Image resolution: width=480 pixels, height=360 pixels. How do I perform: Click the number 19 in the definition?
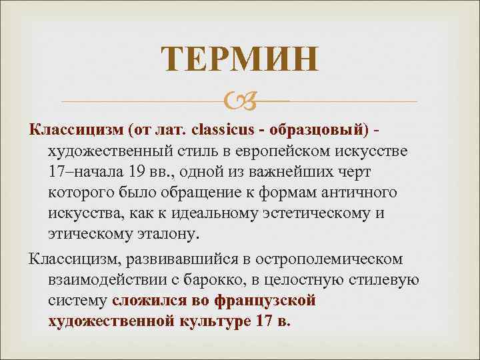coord(139,171)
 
